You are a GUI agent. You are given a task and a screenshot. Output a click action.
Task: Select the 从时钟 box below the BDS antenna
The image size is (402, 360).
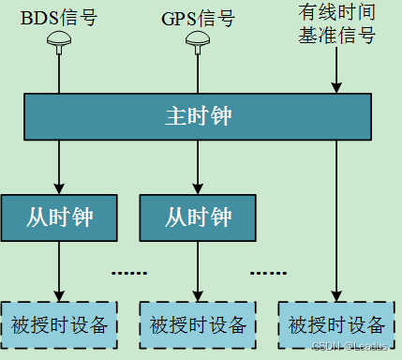[60, 218]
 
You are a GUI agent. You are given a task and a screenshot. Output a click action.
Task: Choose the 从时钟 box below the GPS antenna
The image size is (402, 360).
[198, 218]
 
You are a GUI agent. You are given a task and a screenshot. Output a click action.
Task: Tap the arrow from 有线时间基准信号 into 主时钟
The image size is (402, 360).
[335, 70]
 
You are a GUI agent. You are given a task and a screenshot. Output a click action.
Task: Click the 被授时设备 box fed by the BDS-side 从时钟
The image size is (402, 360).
[60, 325]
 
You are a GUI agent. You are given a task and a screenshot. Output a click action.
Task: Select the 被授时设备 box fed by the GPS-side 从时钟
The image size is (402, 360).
[198, 325]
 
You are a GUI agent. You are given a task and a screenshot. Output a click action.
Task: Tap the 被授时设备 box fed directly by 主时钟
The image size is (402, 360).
[336, 325]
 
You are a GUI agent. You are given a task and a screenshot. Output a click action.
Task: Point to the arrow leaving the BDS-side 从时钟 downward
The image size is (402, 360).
[60, 272]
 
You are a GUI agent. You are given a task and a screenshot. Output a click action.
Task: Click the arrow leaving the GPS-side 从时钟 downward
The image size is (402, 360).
[198, 272]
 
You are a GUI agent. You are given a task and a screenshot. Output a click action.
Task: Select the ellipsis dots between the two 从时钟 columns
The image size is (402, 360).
[129, 273]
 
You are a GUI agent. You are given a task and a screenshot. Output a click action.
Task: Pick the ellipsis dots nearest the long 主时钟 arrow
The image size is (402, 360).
[267, 273]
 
